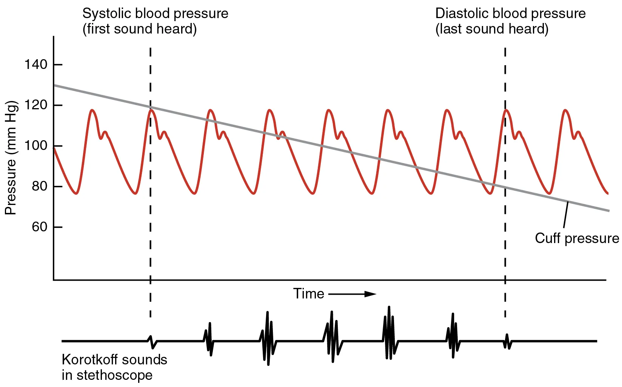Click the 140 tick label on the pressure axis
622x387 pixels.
click(36, 64)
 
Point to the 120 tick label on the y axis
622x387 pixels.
click(36, 105)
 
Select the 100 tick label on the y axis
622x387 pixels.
click(36, 145)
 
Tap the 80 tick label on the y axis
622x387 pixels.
click(39, 186)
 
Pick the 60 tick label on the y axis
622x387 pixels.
click(39, 227)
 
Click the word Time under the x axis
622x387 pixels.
click(308, 294)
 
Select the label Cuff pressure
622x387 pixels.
click(577, 239)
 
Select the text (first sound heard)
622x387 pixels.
click(139, 29)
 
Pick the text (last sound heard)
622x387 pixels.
click(491, 29)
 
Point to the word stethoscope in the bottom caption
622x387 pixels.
click(114, 375)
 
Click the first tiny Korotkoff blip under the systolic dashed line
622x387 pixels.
click(152, 341)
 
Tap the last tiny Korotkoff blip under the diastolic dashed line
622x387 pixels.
click(507, 341)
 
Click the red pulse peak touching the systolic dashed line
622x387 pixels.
click(151, 110)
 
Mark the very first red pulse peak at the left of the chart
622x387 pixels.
click(92, 110)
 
